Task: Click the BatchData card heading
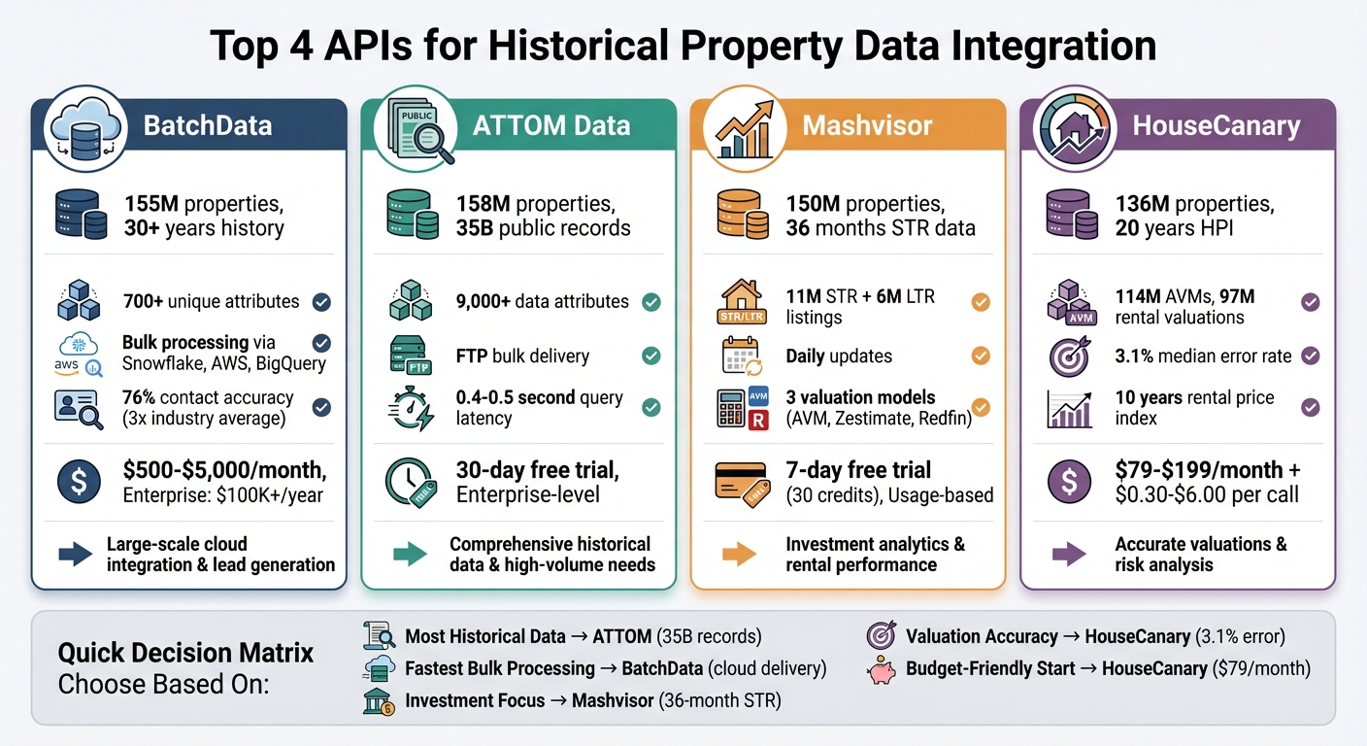208,125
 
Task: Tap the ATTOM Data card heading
550,125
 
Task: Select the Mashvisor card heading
867,125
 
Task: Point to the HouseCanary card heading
1217,125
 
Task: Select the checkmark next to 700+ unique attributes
321,302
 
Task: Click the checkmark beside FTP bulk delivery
651,356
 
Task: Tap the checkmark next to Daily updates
981,356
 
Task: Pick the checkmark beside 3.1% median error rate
1311,356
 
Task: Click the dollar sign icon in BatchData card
80,483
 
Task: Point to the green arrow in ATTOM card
409,555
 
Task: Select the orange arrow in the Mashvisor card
739,555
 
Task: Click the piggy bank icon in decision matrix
880,668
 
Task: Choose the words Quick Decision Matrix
185,653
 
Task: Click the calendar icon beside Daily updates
743,356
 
